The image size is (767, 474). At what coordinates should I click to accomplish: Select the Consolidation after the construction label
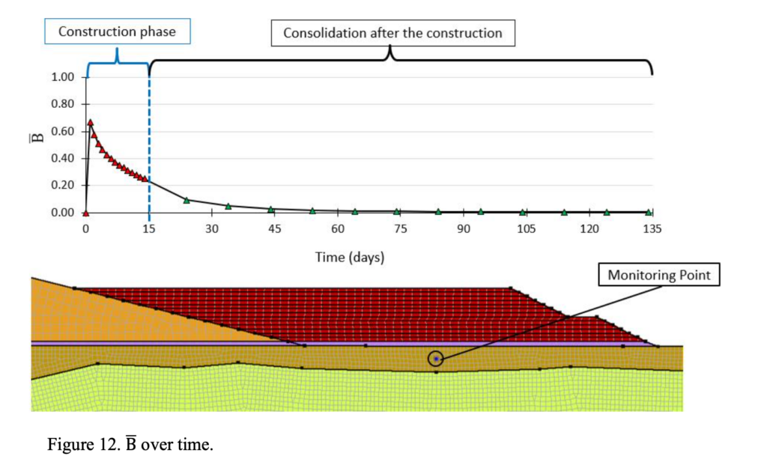[x=392, y=33]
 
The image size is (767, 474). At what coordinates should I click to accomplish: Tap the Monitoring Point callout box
[x=658, y=276]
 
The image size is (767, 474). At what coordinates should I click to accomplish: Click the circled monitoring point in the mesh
[x=436, y=359]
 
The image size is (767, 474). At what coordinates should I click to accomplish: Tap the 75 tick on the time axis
[x=401, y=228]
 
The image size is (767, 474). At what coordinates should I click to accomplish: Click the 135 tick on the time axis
[x=652, y=228]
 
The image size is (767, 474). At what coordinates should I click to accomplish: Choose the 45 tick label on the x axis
[x=274, y=228]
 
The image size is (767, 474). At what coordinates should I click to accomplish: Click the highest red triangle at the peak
[x=90, y=122]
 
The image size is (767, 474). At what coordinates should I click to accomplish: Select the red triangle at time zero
[x=86, y=213]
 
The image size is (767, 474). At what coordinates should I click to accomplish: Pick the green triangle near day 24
[x=187, y=200]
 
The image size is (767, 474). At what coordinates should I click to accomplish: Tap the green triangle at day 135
[x=649, y=213]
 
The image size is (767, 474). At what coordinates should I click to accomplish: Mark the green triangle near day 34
[x=228, y=206]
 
